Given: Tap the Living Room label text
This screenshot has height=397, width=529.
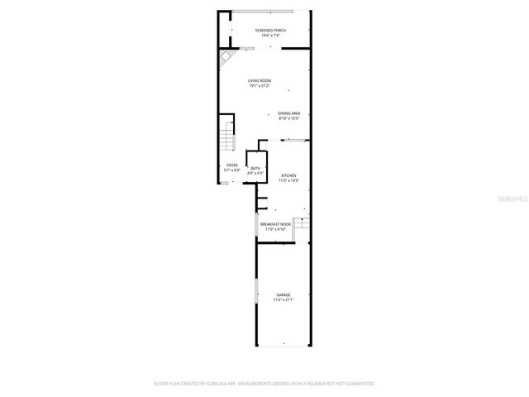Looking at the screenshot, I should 260,80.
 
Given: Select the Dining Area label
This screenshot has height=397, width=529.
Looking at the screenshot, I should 288,113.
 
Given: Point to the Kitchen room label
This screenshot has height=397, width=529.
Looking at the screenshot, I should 288,175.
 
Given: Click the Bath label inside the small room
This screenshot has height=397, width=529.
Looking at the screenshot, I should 255,168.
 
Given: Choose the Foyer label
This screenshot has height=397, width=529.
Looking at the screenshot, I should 232,165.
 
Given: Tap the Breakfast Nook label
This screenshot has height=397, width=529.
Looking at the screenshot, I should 275,224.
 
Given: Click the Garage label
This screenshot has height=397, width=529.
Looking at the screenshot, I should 284,294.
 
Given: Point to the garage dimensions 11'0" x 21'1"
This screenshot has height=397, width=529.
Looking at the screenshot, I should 284,299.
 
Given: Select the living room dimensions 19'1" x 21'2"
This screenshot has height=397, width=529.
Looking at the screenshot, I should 260,85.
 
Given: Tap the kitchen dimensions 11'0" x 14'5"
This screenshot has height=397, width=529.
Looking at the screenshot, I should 288,180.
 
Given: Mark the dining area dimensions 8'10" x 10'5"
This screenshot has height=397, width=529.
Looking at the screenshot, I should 288,118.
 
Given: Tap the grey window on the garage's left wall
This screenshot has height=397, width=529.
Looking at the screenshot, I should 256,293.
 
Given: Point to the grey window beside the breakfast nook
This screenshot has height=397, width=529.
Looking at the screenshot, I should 256,226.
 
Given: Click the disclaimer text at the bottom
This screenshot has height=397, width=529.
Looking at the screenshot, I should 264,384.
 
